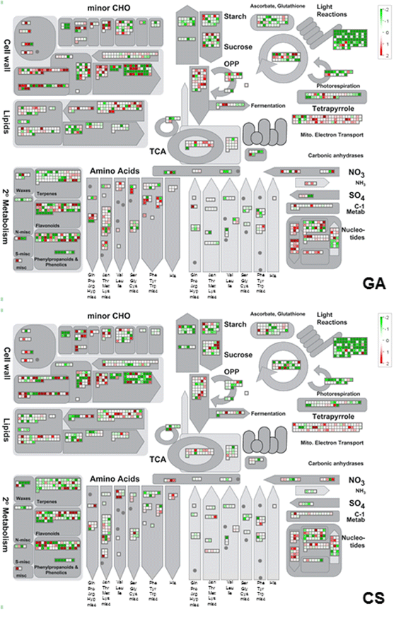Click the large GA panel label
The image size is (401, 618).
coord(372,284)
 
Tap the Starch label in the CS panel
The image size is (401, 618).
coord(235,324)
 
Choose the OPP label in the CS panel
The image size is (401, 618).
coord(231,371)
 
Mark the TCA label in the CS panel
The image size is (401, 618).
coord(158,460)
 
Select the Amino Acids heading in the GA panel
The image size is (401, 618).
coord(115,170)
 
